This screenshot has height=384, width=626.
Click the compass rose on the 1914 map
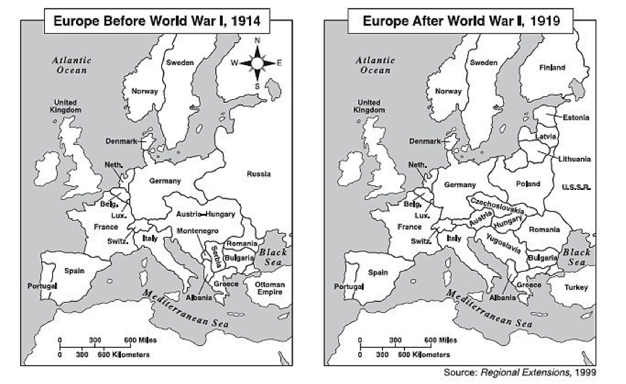pyautogui.click(x=257, y=63)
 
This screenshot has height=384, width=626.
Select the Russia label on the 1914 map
pyautogui.click(x=258, y=174)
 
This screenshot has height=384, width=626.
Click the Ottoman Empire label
pyautogui.click(x=270, y=288)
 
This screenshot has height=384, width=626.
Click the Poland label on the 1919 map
pyautogui.click(x=528, y=184)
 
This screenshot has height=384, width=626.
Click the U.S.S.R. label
pyautogui.click(x=577, y=188)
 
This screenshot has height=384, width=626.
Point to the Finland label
pyautogui.click(x=552, y=67)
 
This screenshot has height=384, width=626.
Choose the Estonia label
pyautogui.click(x=576, y=117)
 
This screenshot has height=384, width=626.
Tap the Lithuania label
pyautogui.click(x=575, y=159)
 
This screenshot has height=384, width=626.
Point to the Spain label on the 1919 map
pyautogui.click(x=378, y=273)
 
